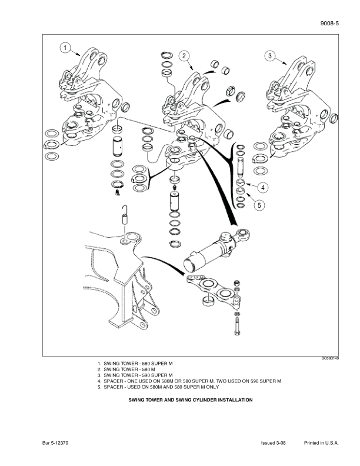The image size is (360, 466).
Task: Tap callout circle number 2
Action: [184, 56]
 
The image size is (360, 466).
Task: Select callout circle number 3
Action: [269, 56]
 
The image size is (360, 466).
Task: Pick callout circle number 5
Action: [257, 205]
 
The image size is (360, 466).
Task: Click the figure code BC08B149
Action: [329, 358]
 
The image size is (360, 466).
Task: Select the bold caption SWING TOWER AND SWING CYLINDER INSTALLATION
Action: [191, 400]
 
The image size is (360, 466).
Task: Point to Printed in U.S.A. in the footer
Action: [322, 443]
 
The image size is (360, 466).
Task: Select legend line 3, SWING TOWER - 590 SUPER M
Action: [138, 375]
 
